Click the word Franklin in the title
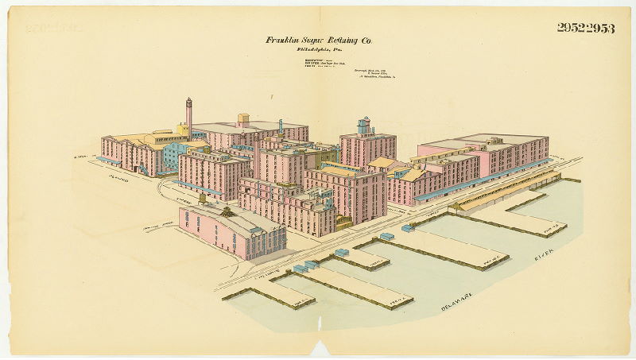tap(282, 40)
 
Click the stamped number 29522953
tap(585, 28)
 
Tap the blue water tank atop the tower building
tap(364, 126)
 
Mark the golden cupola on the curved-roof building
tap(228, 212)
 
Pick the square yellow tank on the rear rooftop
tap(243, 119)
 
